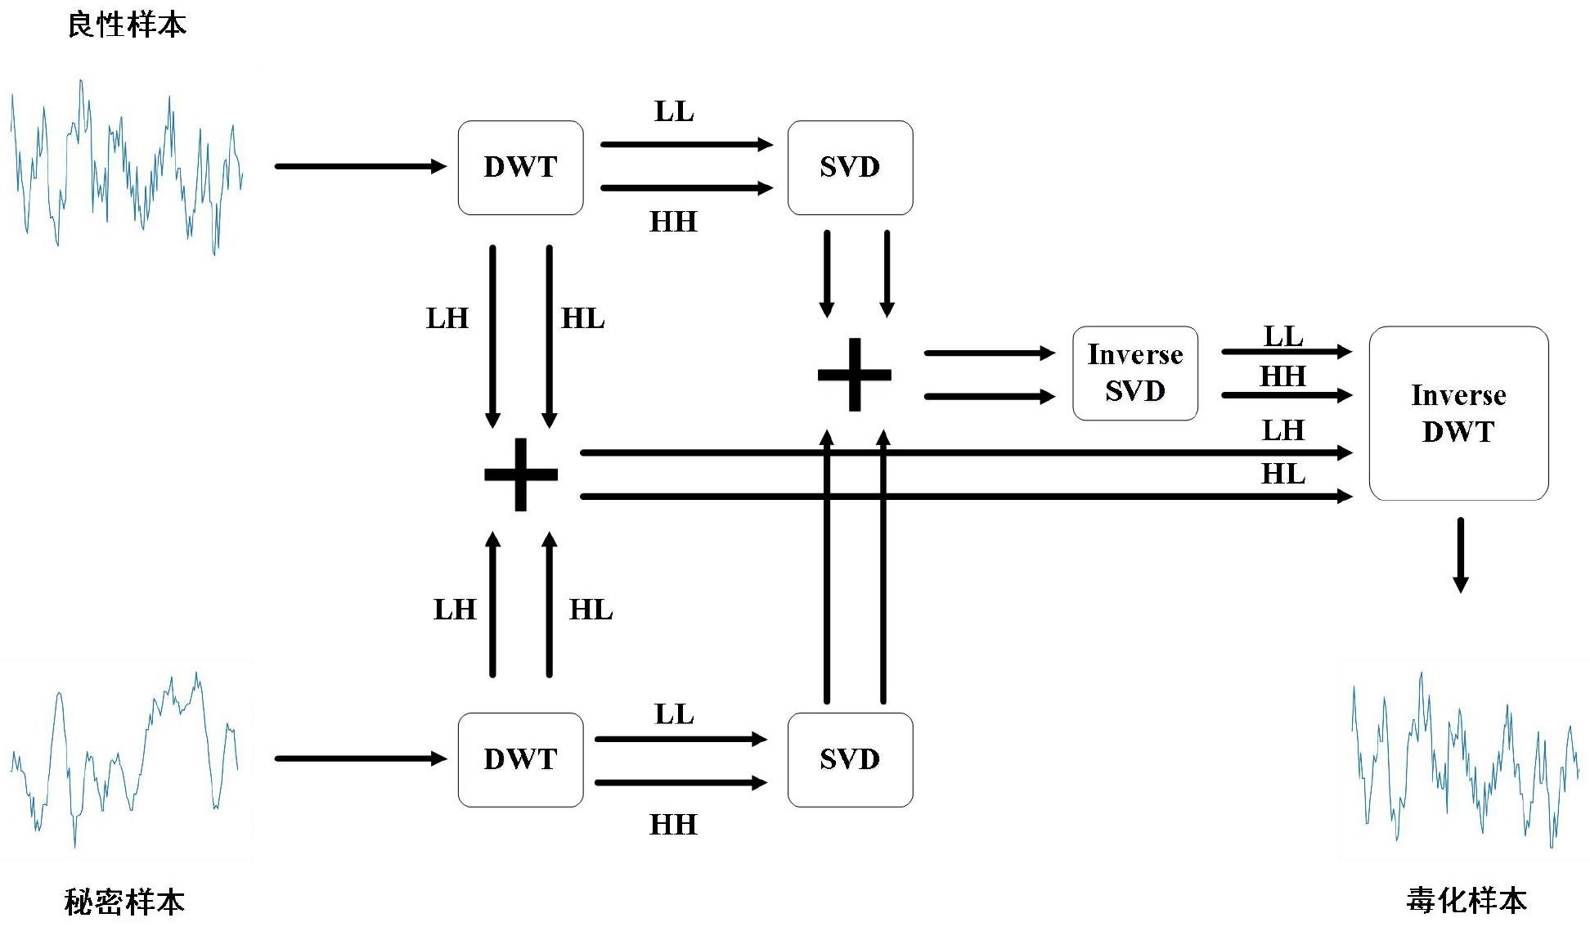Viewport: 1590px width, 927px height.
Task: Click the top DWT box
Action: [x=520, y=168]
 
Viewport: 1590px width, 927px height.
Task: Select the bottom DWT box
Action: [x=520, y=759]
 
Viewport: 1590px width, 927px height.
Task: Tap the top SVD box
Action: [x=850, y=168]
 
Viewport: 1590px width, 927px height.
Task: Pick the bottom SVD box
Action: [x=850, y=759]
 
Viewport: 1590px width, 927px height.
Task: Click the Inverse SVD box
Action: [x=1134, y=373]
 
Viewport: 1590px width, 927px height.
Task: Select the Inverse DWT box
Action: [x=1458, y=413]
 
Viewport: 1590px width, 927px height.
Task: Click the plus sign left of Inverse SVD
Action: [x=854, y=375]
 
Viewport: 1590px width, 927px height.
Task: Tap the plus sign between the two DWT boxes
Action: [x=521, y=475]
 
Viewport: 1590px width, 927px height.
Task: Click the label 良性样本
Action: [x=127, y=25]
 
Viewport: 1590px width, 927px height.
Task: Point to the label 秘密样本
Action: [x=124, y=902]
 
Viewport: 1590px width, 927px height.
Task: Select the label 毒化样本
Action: [x=1466, y=900]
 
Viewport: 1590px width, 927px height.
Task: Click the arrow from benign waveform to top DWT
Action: [x=360, y=167]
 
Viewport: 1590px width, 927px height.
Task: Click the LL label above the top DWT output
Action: [x=674, y=111]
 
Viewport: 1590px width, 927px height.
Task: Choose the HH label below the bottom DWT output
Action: [x=673, y=824]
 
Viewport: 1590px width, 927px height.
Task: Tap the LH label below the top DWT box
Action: [x=447, y=318]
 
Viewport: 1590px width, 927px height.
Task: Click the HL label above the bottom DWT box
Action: [x=591, y=610]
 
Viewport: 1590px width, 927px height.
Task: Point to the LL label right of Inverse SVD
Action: [x=1283, y=336]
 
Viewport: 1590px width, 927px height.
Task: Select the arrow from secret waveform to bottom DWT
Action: [x=360, y=758]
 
